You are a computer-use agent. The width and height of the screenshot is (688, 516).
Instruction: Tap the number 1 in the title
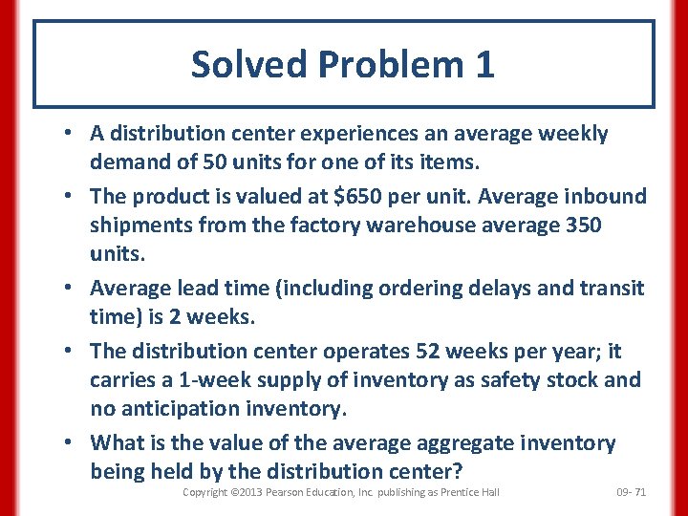(484, 65)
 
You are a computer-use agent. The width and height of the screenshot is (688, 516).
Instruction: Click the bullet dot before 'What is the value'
(72, 443)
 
